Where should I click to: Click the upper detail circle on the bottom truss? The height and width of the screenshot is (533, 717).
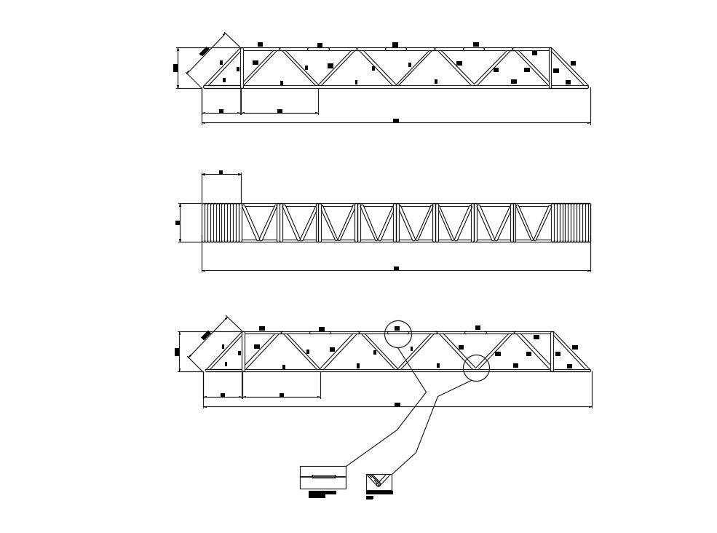click(x=398, y=333)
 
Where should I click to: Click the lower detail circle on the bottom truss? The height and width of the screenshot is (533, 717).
click(x=476, y=368)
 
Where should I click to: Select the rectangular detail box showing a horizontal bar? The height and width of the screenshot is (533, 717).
click(x=323, y=477)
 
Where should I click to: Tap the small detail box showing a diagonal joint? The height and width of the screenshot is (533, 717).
click(x=379, y=481)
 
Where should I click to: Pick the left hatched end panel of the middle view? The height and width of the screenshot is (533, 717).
click(x=221, y=222)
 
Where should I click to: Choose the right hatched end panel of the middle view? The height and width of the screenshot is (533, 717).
click(x=571, y=222)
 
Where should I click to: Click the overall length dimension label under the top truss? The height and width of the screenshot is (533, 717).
click(x=396, y=121)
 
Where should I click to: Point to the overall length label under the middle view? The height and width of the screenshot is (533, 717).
click(x=396, y=269)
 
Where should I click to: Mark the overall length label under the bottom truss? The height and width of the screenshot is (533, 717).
click(x=397, y=404)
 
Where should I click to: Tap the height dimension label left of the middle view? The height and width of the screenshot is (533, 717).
click(x=178, y=223)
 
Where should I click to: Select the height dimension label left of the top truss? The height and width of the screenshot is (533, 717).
click(x=175, y=68)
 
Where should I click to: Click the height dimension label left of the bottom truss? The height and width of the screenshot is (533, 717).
click(x=177, y=352)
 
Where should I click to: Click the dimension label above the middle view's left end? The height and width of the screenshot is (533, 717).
click(x=221, y=173)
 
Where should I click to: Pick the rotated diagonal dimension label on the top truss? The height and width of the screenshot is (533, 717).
click(x=205, y=51)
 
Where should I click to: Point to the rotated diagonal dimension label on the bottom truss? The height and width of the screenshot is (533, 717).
click(x=206, y=335)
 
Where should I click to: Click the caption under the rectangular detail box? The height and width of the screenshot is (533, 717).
click(x=322, y=494)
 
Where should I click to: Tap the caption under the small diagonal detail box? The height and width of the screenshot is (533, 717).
click(x=370, y=498)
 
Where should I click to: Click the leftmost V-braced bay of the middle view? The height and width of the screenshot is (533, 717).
click(x=260, y=222)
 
